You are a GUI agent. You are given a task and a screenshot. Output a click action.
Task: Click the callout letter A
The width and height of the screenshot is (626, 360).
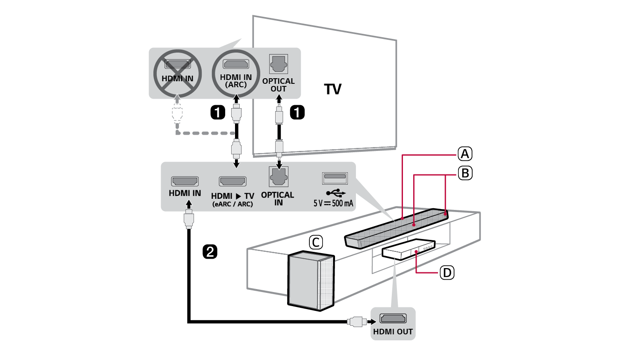(465, 154)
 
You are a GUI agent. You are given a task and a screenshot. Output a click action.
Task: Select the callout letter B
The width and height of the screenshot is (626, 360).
(465, 173)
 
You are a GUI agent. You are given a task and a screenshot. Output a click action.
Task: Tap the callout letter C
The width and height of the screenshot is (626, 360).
(316, 242)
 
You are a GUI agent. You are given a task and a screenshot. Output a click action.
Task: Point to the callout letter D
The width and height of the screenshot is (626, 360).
(447, 272)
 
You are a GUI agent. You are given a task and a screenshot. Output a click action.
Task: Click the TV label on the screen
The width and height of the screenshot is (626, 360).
(332, 89)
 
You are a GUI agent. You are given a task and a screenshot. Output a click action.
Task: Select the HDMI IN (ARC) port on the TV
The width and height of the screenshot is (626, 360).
(236, 65)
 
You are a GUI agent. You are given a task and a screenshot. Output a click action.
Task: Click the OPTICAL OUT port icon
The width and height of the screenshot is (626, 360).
(279, 64)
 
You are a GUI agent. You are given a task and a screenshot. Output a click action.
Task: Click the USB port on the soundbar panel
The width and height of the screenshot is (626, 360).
(335, 177)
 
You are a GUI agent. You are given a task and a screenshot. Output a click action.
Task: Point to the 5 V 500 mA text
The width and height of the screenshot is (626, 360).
(333, 203)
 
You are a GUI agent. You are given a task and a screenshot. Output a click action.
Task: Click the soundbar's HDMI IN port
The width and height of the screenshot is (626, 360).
(185, 181)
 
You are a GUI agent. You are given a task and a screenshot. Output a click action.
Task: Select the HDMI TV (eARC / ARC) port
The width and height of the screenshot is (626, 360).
(232, 181)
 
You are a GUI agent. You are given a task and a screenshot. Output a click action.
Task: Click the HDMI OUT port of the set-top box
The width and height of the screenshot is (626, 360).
(393, 319)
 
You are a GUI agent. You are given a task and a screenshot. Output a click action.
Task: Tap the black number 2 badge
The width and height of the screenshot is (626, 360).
(210, 251)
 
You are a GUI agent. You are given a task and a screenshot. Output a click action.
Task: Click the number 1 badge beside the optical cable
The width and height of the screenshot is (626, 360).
(297, 112)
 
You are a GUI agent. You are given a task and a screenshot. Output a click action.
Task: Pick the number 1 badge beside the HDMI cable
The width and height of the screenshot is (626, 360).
(217, 112)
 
